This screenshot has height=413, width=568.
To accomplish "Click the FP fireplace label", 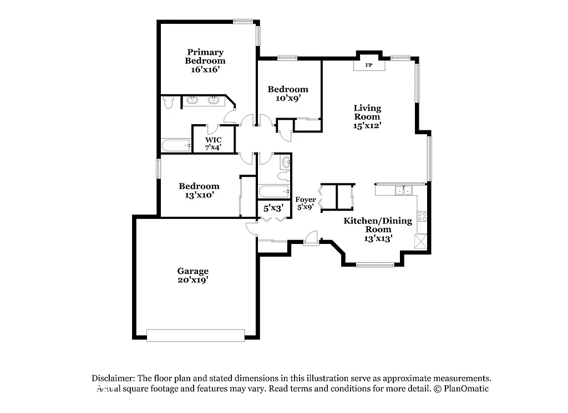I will (368, 65).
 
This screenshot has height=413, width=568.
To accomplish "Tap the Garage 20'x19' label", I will (193, 275).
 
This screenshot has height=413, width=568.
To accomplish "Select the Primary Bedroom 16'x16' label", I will (205, 61).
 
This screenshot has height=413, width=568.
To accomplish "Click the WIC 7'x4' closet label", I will (213, 143).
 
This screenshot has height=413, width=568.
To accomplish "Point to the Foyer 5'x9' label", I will (306, 203).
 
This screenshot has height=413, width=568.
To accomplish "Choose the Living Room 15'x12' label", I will (367, 116).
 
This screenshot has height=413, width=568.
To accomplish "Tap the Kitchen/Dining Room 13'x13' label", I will (378, 230).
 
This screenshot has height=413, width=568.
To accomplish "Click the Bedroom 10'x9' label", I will (288, 94).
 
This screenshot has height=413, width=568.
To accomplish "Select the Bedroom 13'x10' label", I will (199, 190).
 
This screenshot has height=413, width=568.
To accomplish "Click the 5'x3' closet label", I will (273, 208).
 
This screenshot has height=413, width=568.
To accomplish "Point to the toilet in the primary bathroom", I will (169, 103).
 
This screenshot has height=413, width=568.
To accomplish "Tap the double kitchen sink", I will (403, 191).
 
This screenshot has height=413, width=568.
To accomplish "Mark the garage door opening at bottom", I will (195, 335).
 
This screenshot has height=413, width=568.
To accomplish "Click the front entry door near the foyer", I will (312, 239).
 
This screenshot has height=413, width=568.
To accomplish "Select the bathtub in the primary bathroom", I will (175, 146).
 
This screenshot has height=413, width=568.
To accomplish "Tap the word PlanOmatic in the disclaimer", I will (465, 389).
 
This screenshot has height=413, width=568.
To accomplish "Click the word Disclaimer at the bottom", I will (109, 378).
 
